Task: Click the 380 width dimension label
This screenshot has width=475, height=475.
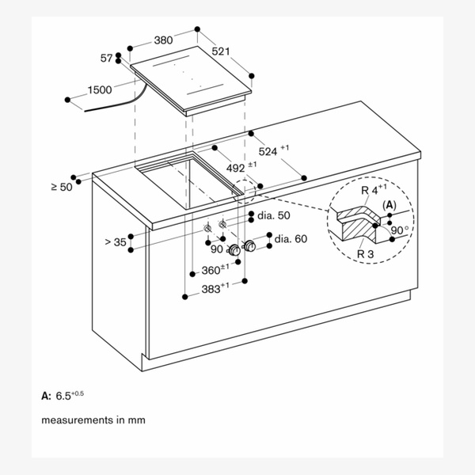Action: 163,40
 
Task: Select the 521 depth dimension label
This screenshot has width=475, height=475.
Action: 221,51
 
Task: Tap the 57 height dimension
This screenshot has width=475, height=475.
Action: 106,58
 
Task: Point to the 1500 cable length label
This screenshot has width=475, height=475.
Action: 100,89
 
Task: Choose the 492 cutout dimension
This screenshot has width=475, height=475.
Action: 241,167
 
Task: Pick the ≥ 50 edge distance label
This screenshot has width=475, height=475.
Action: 62,187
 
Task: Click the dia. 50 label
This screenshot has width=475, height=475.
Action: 274,215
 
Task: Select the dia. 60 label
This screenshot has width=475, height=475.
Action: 291,239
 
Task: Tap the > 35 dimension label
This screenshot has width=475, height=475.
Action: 116,242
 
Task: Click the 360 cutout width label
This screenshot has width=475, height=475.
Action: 215,269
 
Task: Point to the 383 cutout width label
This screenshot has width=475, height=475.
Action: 215,288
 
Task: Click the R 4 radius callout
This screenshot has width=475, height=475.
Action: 374,189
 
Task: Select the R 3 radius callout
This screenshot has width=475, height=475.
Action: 365,254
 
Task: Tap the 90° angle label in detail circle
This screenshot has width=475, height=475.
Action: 400,230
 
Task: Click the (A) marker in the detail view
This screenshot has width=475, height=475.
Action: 389,205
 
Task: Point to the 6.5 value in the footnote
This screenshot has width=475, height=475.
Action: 63,396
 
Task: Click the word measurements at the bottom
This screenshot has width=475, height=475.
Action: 77,420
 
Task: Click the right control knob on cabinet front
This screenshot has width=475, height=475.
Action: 249,245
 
